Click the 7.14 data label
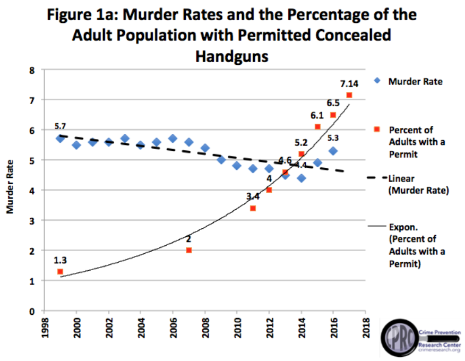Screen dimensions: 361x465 (349, 83)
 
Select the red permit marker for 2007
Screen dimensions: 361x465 (188, 250)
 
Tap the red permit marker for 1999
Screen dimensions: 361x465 (60, 271)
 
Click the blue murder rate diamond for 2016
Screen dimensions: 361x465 (333, 151)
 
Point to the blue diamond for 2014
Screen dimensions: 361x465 (301, 178)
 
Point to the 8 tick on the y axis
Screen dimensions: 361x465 (32, 70)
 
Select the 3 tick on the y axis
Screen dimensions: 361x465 (32, 220)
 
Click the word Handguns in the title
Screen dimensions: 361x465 (231, 56)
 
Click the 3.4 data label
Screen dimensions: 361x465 (253, 196)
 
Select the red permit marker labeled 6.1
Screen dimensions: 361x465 (317, 126)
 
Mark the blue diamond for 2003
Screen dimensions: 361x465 (124, 139)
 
